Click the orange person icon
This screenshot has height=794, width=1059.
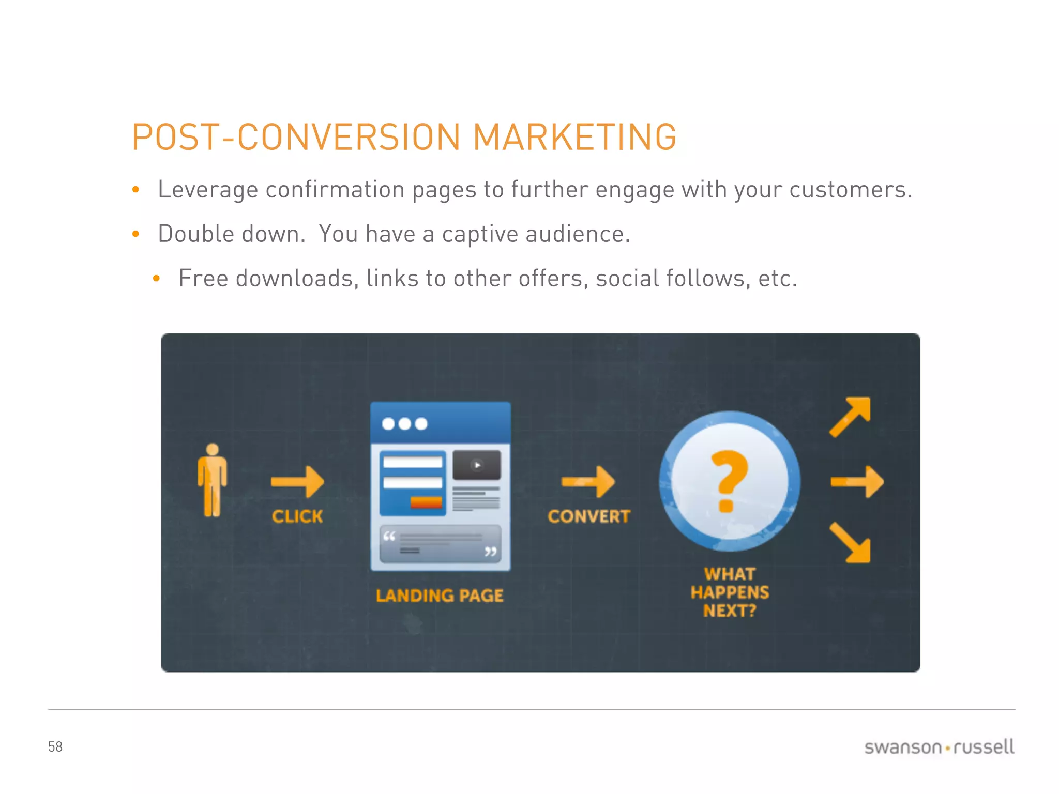tap(212, 480)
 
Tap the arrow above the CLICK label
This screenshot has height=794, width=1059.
tap(298, 482)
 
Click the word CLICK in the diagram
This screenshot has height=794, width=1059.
tap(297, 516)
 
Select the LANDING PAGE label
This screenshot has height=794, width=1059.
tap(440, 595)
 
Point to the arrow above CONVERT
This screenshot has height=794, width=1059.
tap(588, 482)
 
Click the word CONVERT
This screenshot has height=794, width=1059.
tap(589, 516)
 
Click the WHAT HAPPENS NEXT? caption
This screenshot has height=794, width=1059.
tap(730, 592)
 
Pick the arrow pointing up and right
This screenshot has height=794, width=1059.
tap(850, 417)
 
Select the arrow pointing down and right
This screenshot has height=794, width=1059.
tap(851, 543)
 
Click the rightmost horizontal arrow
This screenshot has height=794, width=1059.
tap(857, 482)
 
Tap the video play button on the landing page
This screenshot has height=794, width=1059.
tap(477, 465)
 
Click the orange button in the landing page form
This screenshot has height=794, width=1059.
tap(426, 502)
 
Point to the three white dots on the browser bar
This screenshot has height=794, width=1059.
tap(404, 424)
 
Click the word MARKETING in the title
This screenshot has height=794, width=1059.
tap(574, 137)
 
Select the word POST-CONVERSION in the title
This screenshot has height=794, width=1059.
tap(296, 137)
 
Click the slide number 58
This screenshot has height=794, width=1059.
tap(55, 746)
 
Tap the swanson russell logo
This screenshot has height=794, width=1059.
tap(939, 747)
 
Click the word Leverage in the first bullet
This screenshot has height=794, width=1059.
tap(208, 189)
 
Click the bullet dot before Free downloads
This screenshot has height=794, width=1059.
tap(157, 279)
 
